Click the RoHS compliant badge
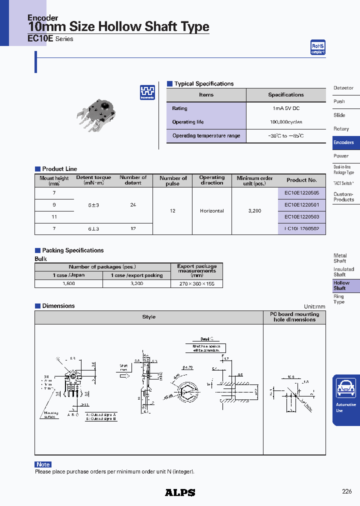pos(317,47)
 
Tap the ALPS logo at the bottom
pos(180,492)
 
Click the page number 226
pos(347,491)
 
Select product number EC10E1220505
pos(301,192)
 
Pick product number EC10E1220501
pos(301,204)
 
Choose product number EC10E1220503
pos(301,216)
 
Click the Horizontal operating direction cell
pos(211,210)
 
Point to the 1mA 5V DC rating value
pos(285,108)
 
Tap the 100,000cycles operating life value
pos(285,122)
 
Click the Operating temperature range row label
pos(206,136)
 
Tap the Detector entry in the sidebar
pos(343,88)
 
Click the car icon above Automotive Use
pos(346,388)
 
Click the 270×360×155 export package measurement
pos(196,283)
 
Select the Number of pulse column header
pos(173,180)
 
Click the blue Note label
pos(43,464)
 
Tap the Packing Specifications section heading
pos(72,250)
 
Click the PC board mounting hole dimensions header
pos(294,317)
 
